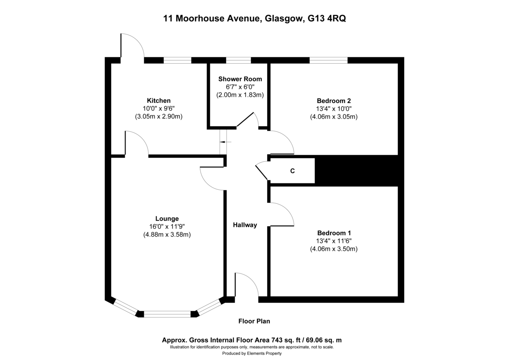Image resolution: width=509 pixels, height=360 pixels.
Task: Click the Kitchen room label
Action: (159, 101)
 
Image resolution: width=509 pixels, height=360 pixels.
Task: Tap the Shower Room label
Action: (240, 79)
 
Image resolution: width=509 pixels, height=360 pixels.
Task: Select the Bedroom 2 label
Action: (333, 101)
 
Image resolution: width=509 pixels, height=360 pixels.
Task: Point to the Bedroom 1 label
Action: (334, 233)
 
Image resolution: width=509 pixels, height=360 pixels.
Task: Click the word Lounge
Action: (167, 219)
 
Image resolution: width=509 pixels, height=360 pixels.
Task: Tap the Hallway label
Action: (245, 225)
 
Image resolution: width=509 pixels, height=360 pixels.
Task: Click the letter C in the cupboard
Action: (292, 171)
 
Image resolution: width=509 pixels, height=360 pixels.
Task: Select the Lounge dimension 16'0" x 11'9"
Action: (167, 227)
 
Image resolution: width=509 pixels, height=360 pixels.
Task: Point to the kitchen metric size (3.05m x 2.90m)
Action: (159, 116)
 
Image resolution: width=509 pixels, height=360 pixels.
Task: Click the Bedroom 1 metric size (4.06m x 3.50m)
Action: (334, 249)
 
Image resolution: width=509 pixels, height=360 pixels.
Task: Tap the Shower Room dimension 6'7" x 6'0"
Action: (240, 87)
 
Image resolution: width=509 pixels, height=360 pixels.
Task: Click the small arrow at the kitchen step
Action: (225, 142)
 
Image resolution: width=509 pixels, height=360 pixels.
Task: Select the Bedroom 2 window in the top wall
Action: (329, 60)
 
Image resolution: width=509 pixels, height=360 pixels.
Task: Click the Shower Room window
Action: (238, 60)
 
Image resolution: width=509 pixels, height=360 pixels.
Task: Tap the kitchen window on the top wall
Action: (177, 60)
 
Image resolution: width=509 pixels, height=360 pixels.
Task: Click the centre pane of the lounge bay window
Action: (167, 314)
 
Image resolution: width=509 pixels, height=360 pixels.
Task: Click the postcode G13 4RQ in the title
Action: (327, 18)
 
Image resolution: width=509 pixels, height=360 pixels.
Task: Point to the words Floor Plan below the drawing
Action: (254, 321)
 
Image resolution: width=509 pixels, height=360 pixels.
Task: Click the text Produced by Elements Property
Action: (252, 353)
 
